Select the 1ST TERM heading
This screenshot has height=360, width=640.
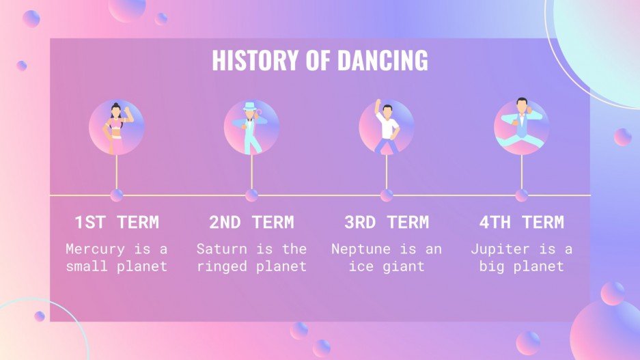(117, 222)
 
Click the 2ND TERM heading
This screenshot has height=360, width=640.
(251, 222)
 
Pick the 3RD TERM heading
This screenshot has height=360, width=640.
(387, 222)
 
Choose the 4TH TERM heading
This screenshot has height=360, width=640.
(521, 222)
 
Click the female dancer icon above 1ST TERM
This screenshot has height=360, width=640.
(116, 127)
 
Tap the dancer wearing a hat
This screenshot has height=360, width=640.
(251, 127)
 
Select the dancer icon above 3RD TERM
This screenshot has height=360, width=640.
(387, 127)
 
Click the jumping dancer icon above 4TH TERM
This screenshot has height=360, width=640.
(521, 126)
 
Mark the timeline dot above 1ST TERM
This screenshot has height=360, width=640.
(117, 195)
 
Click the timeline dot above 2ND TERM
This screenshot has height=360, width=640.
(251, 195)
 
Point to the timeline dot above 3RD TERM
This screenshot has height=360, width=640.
(387, 195)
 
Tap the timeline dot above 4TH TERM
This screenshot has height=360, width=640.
(521, 195)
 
